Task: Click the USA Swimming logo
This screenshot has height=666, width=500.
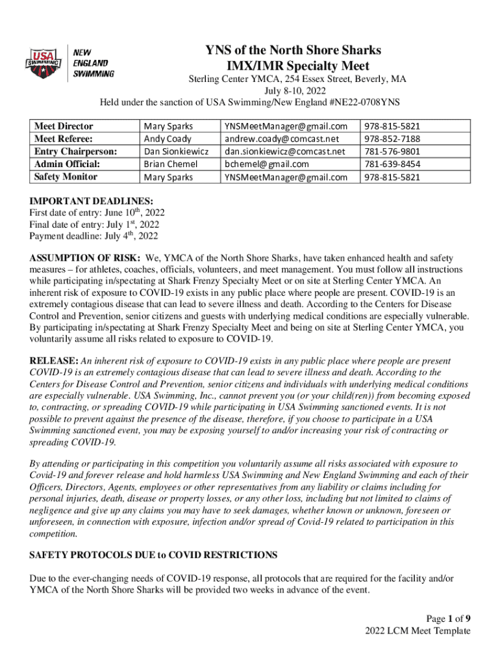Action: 43,64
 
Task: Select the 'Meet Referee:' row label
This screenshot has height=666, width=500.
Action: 63,139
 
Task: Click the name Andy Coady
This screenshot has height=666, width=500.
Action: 168,139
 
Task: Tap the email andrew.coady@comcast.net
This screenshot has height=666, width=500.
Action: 282,139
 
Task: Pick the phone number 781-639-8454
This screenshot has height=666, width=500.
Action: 392,164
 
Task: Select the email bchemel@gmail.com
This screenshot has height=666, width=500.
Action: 266,164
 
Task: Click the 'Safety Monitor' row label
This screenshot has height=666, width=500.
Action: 66,176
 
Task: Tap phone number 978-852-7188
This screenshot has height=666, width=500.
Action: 392,139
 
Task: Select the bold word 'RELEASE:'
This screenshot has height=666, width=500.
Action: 54,360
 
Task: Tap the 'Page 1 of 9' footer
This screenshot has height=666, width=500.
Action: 444,618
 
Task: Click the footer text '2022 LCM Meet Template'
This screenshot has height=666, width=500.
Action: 418,630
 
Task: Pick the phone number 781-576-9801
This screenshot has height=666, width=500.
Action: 392,152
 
